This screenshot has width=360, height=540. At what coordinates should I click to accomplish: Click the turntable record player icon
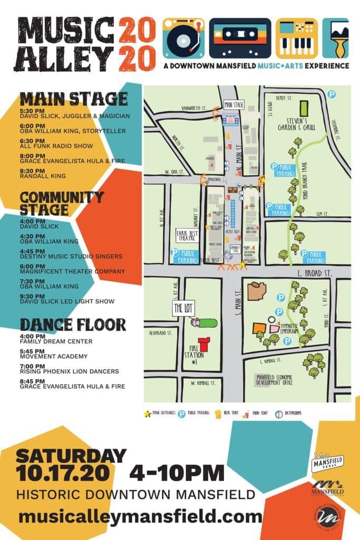point(183,38)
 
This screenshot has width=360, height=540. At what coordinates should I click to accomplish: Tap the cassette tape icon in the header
point(240,38)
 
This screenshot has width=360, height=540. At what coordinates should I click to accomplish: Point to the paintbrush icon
point(336,38)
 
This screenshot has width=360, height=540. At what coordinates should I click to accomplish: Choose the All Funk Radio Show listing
point(56,145)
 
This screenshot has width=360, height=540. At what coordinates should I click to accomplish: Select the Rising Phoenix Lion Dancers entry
point(70,371)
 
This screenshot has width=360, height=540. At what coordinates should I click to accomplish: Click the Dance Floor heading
point(73,324)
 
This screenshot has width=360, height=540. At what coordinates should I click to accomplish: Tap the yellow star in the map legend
point(147,413)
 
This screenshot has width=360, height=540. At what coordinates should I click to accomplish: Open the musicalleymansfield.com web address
point(140,516)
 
